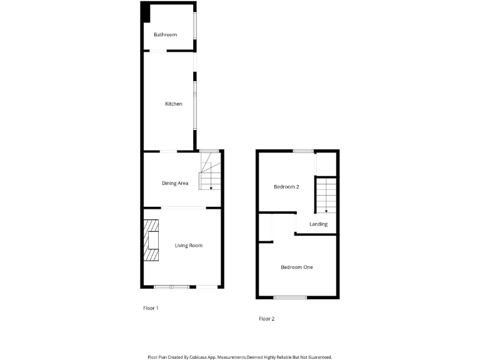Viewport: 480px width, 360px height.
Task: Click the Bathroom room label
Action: (x=166, y=34)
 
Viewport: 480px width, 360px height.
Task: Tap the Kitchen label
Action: (x=174, y=104)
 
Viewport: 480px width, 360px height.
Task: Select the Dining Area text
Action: (x=175, y=183)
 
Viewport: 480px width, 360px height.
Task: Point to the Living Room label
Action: (x=188, y=246)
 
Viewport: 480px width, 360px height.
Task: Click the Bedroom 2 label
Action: (x=287, y=187)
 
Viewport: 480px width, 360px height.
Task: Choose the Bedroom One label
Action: (x=297, y=267)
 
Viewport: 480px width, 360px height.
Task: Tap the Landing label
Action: (x=318, y=224)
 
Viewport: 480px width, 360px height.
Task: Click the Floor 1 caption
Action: (x=151, y=308)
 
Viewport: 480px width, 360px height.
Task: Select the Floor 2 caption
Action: (x=267, y=319)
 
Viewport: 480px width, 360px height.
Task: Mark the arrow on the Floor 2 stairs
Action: (x=326, y=211)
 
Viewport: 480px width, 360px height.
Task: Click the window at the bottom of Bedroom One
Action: (x=290, y=297)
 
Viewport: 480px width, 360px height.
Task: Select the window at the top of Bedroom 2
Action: (x=304, y=151)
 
